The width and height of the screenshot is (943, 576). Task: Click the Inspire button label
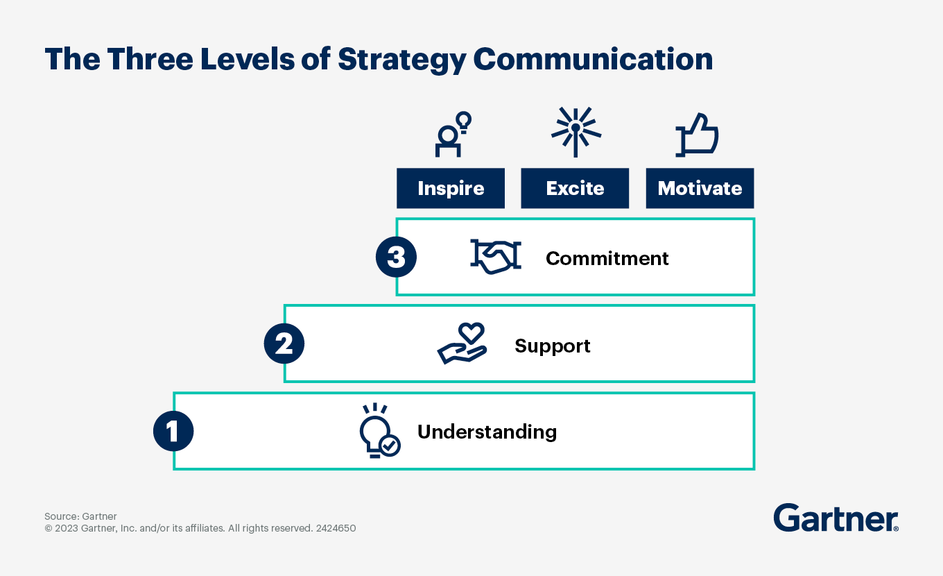(x=451, y=188)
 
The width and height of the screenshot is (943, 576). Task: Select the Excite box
(x=575, y=188)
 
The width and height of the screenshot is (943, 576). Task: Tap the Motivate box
(x=700, y=188)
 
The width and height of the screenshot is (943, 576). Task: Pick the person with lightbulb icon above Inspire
(x=452, y=134)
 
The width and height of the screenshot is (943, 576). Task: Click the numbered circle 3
(x=396, y=257)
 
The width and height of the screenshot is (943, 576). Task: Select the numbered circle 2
(x=284, y=344)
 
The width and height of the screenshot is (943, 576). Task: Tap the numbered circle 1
(x=173, y=432)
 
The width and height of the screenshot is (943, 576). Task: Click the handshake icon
(x=495, y=257)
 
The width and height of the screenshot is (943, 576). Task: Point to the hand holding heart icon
(x=462, y=344)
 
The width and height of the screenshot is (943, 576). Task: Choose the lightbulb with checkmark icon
(x=379, y=431)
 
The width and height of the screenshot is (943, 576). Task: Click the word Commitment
(x=607, y=258)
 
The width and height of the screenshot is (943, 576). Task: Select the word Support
(x=552, y=346)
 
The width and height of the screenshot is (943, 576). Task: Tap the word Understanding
(x=487, y=432)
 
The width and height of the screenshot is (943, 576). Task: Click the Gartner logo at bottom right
(x=836, y=518)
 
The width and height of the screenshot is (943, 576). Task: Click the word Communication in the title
(x=593, y=60)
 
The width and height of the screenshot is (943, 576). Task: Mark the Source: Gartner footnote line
(x=80, y=516)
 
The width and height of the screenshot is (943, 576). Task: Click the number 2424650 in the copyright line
(x=336, y=528)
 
